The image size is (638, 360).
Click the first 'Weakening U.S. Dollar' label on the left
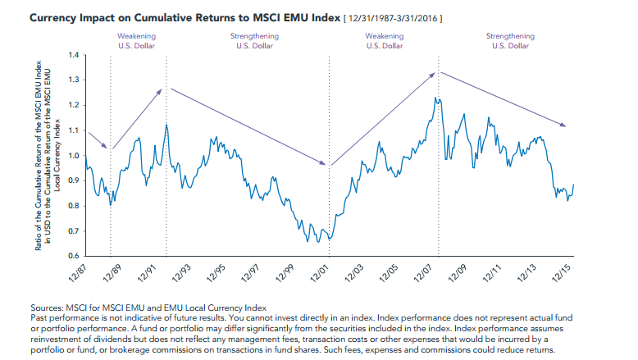pyautogui.click(x=137, y=41)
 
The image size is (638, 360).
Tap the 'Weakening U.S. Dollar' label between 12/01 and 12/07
pyautogui.click(x=384, y=41)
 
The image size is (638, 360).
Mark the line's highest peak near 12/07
pyautogui.click(x=437, y=98)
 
